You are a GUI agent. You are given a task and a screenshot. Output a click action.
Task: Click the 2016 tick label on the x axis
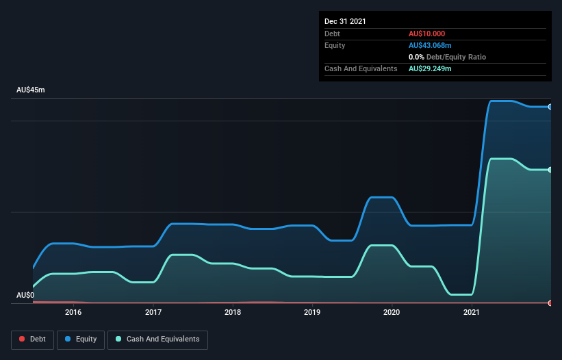click(x=73, y=313)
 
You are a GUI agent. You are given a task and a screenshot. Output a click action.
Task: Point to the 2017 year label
click(x=153, y=313)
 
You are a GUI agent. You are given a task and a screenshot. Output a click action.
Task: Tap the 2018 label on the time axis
click(x=233, y=313)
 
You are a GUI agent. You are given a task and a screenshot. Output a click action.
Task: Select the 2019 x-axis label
click(x=312, y=313)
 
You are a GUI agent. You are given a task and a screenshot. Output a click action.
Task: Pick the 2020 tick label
click(x=392, y=313)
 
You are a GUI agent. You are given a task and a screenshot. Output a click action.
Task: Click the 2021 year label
click(x=472, y=313)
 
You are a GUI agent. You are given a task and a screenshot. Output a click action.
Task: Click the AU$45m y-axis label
click(x=30, y=90)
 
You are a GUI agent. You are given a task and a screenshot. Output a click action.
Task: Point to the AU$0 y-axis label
click(x=25, y=295)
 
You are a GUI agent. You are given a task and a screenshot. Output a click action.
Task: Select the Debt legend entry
click(x=31, y=339)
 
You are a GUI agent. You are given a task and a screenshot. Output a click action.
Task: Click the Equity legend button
click(x=81, y=339)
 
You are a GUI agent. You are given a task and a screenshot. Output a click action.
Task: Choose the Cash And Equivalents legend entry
click(x=157, y=339)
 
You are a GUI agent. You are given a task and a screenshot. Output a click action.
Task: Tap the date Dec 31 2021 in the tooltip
click(x=345, y=21)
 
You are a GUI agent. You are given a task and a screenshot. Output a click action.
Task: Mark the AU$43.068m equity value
click(x=430, y=45)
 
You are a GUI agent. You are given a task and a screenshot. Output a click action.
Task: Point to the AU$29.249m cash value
click(x=430, y=68)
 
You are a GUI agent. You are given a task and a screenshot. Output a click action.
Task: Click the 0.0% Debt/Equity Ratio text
click(x=447, y=57)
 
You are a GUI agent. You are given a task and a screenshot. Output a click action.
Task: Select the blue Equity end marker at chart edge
click(x=550, y=107)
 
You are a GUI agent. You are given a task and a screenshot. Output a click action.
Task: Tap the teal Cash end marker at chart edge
click(x=550, y=170)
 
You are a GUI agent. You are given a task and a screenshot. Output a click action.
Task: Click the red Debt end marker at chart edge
click(x=550, y=303)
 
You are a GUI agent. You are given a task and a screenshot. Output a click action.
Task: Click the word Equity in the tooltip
click(x=335, y=45)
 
